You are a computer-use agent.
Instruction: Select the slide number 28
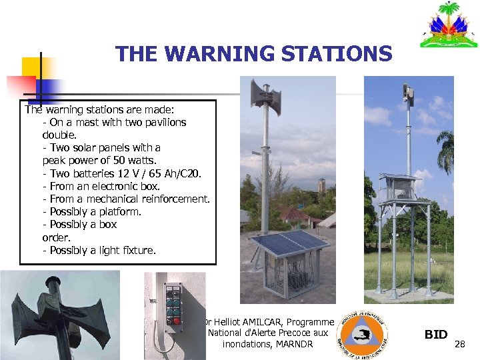tap(459, 344)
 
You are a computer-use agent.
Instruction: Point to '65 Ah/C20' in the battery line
tap(176, 173)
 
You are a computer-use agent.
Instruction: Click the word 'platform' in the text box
tap(119, 211)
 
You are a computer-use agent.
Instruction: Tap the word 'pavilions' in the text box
tap(163, 122)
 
